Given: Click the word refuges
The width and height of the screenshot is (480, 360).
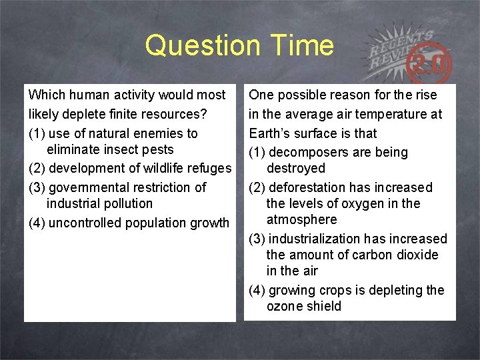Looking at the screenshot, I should [x=207, y=168].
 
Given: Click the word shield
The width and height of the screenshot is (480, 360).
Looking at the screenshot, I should [x=324, y=306].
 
